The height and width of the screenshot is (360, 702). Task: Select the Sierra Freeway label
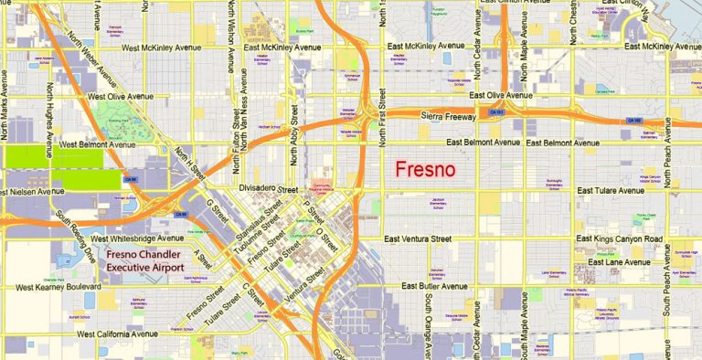tap(451, 117)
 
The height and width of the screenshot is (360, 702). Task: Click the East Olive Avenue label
tap(500, 94)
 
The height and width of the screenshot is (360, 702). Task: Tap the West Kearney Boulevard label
tap(59, 287)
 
